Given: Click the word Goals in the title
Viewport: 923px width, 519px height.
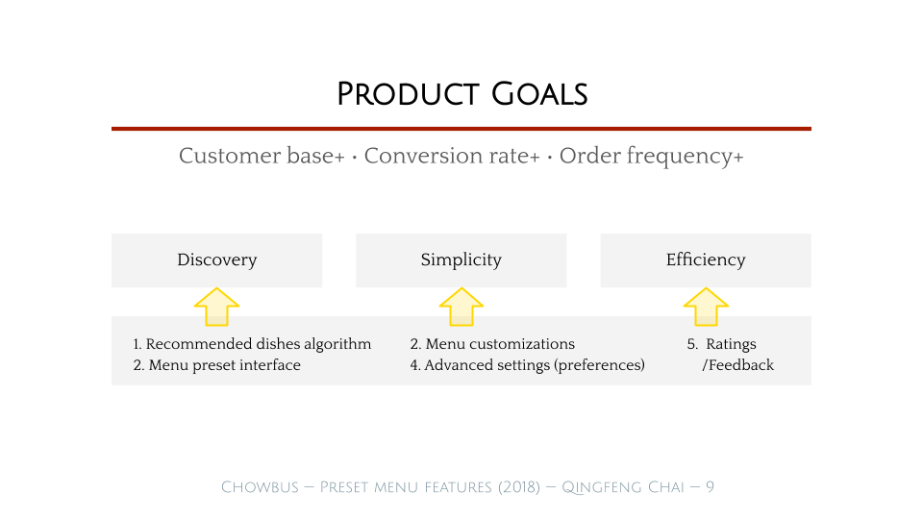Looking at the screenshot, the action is pos(539,94).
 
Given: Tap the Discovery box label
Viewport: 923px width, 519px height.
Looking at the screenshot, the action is pos(216,259).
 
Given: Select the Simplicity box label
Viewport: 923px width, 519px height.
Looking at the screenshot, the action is pos(461,259).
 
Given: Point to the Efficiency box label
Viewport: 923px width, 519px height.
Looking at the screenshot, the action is pos(705,259).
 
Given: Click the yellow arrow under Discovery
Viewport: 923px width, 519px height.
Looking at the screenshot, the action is pos(216,307).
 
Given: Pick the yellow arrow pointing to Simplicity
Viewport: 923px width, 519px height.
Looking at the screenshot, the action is pos(461,307).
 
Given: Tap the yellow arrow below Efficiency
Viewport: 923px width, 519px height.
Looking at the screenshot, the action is pos(706,307).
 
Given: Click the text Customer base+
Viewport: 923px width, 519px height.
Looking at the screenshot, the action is pos(262,156).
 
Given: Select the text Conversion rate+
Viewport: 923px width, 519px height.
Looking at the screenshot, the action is pos(452,156).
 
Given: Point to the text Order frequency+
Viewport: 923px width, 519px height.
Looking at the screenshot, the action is pos(651,156).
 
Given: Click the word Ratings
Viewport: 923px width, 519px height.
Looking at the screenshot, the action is pos(731,344).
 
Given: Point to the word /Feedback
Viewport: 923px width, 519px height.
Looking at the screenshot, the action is pos(738,365).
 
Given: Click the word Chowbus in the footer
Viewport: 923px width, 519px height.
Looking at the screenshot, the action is pos(260,487).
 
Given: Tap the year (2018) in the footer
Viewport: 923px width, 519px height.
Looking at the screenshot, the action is pos(518,487).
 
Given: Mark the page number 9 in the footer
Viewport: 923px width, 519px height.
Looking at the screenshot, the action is pos(710,487).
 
